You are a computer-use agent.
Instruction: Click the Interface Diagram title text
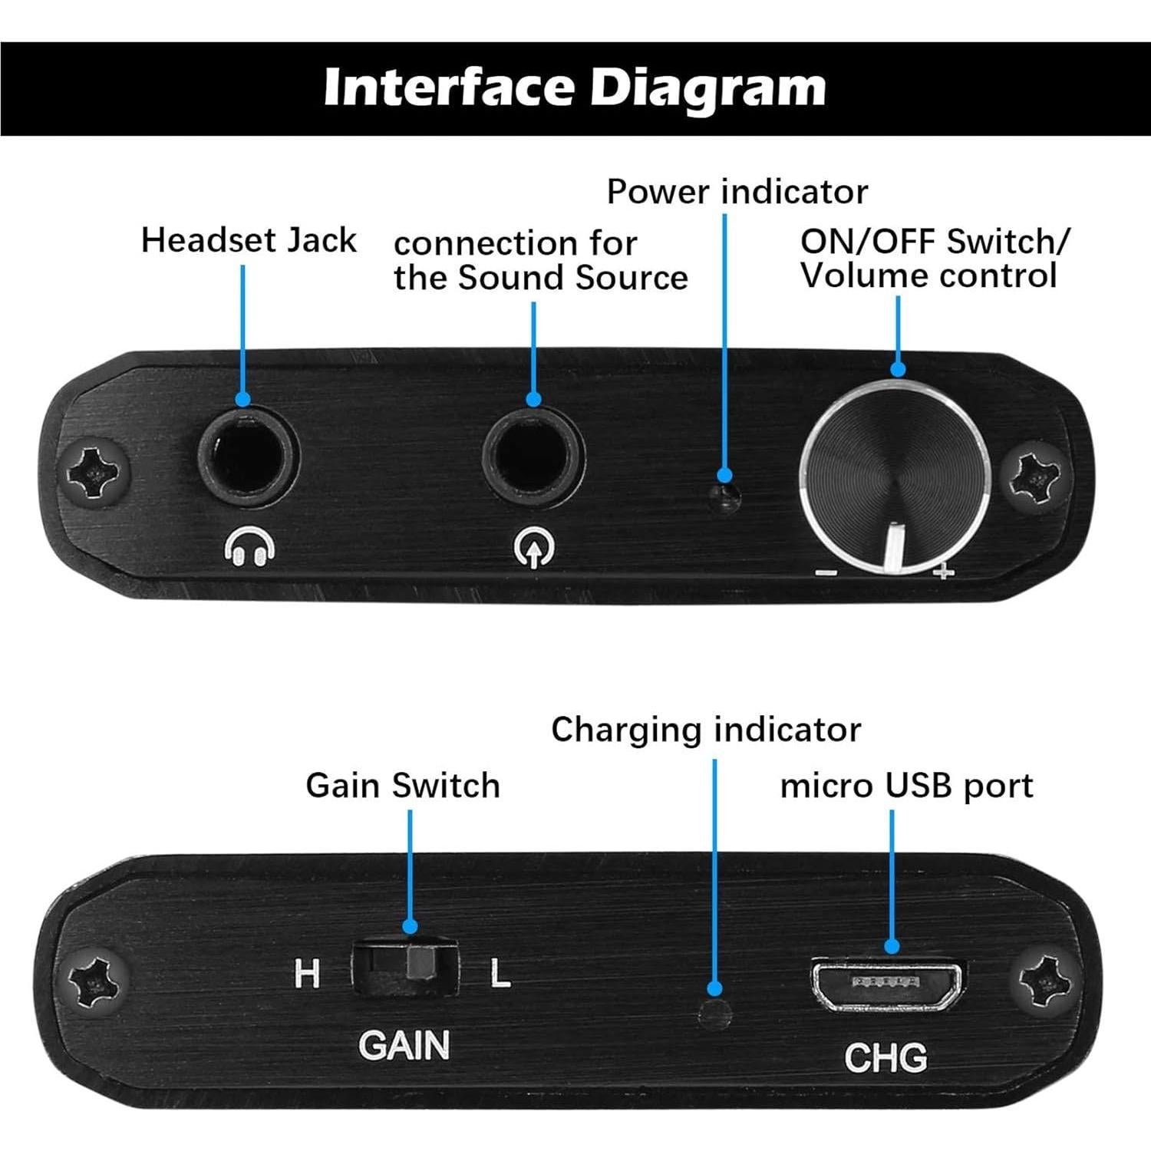tap(574, 87)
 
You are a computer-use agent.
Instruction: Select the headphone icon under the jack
tap(249, 548)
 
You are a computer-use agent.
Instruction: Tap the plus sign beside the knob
tap(943, 571)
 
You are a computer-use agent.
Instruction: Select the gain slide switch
tap(405, 965)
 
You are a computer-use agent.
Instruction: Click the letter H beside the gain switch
tap(307, 974)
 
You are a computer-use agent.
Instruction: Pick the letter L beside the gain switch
tap(500, 974)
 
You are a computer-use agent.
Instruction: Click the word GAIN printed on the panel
tap(404, 1046)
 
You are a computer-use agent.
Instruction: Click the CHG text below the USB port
tap(886, 1057)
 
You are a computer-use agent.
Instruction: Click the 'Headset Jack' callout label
tap(249, 240)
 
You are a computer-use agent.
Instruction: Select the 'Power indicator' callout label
tap(737, 192)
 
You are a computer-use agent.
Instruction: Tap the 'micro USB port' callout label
tap(906, 786)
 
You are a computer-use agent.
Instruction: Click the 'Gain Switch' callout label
tap(402, 786)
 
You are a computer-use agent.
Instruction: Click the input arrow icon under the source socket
tap(533, 548)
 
